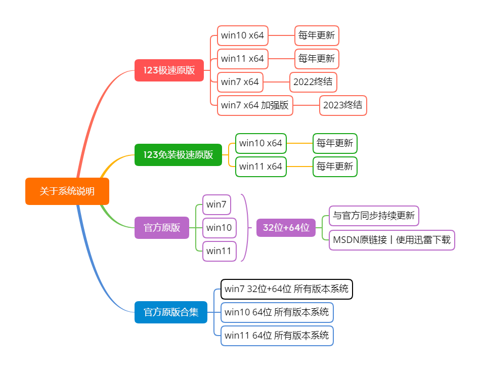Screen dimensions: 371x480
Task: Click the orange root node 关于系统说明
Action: pyautogui.click(x=67, y=191)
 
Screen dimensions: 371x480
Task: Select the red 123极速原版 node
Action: pyautogui.click(x=169, y=70)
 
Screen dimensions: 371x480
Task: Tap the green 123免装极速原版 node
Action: pyautogui.click(x=178, y=154)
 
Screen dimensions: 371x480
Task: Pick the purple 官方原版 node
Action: pyautogui.click(x=162, y=228)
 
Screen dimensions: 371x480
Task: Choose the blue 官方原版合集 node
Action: pyautogui.click(x=171, y=312)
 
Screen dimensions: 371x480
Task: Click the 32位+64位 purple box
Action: pyautogui.click(x=286, y=228)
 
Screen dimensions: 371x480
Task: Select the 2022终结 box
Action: pyautogui.click(x=313, y=82)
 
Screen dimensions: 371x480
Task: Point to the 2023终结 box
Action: pyautogui.click(x=343, y=105)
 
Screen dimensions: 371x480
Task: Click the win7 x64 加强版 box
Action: pyautogui.click(x=255, y=105)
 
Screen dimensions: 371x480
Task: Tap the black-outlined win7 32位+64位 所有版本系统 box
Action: pyautogui.click(x=286, y=289)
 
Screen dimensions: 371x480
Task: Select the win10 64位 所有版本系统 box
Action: pyautogui.click(x=277, y=312)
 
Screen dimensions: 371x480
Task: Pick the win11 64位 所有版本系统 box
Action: pyautogui.click(x=277, y=335)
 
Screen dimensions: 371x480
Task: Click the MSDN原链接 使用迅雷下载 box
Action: pyautogui.click(x=391, y=240)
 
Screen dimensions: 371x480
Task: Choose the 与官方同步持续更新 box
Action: pyautogui.click(x=374, y=216)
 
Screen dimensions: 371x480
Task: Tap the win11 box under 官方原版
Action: pyautogui.click(x=219, y=251)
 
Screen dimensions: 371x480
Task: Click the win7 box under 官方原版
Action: pyautogui.click(x=216, y=204)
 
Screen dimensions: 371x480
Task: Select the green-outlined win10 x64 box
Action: pyautogui.click(x=261, y=143)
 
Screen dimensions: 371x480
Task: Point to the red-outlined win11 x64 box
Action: pyautogui.click(x=243, y=59)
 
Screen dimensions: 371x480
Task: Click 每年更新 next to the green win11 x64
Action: pyautogui.click(x=335, y=167)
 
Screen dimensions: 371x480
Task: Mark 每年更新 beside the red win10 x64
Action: pyautogui.click(x=317, y=35)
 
